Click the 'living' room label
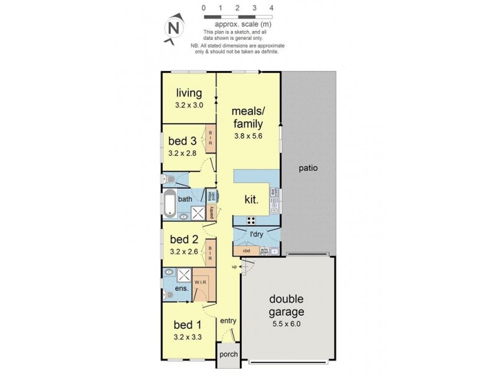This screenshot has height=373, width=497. [188, 93]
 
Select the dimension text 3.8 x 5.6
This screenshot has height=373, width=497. [248, 136]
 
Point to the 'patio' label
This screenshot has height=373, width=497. [308, 167]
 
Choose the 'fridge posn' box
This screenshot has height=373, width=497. [211, 195]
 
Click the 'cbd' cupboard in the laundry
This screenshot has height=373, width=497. [246, 251]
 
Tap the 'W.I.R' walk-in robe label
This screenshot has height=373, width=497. [200, 282]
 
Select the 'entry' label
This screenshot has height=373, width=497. [228, 321]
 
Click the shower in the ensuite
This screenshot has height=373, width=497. [185, 275]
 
